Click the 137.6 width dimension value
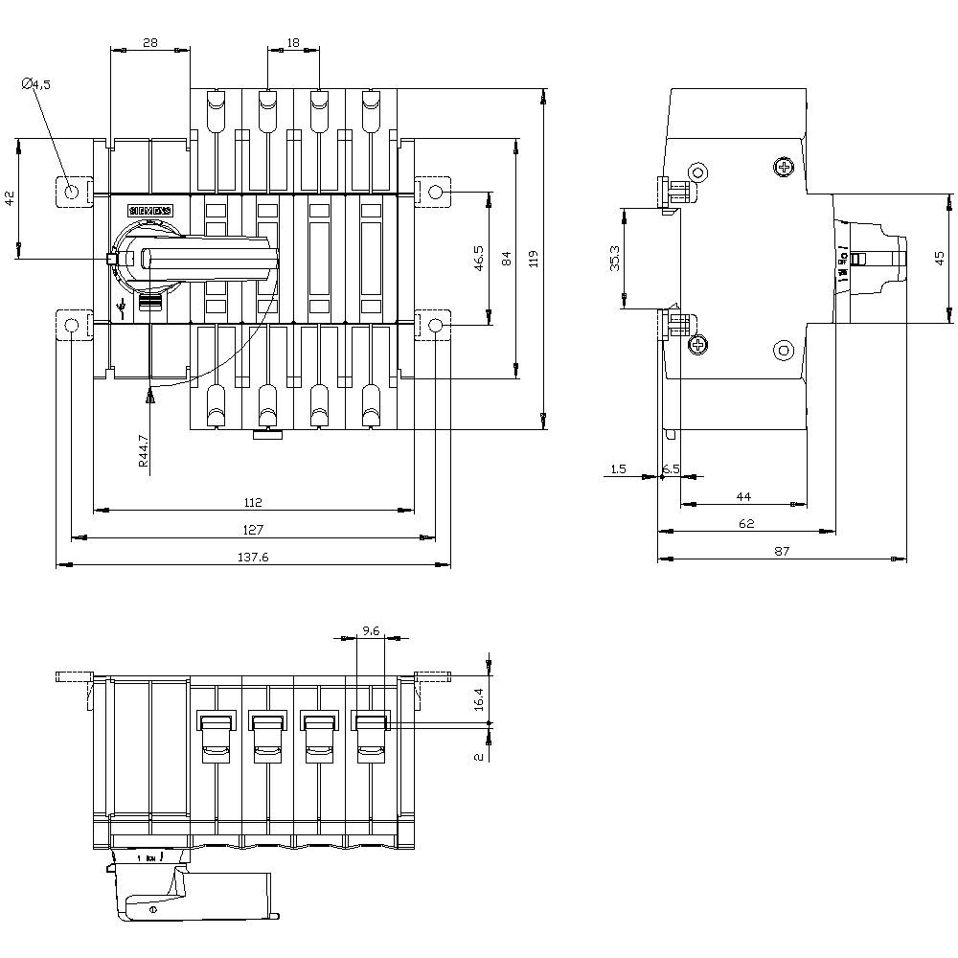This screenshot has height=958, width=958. click(253, 557)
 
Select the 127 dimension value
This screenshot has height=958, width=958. click(253, 529)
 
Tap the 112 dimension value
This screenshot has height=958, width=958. click(253, 501)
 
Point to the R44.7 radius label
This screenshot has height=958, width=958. click(143, 449)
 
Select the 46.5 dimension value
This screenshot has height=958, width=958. click(478, 259)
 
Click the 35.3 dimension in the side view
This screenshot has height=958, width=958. click(614, 259)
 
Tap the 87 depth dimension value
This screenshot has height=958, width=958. click(782, 550)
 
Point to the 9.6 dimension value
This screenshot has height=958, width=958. click(372, 631)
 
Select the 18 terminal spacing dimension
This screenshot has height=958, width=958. click(292, 43)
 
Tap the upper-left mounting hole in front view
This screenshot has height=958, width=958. click(72, 192)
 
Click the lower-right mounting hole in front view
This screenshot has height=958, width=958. click(436, 327)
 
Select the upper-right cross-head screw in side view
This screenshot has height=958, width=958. click(786, 169)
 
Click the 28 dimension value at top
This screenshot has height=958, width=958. click(150, 43)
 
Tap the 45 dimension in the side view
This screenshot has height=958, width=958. click(940, 258)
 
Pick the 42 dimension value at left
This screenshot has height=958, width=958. click(10, 198)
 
